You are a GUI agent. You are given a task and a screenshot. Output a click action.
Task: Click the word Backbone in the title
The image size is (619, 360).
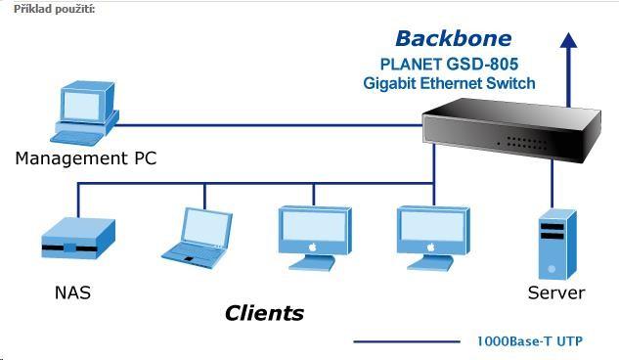click(x=453, y=39)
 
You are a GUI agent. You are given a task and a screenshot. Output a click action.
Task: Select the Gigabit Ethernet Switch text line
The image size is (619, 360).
click(x=449, y=83)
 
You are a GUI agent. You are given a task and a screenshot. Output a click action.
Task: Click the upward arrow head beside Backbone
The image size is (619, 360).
click(x=568, y=39)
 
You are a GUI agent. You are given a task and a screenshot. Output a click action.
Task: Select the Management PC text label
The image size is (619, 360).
click(x=85, y=157)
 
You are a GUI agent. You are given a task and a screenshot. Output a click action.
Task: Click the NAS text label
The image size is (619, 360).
click(x=73, y=292)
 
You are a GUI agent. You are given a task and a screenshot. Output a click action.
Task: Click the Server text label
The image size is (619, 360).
click(x=555, y=292)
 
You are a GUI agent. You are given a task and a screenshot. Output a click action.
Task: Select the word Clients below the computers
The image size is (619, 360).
click(x=264, y=314)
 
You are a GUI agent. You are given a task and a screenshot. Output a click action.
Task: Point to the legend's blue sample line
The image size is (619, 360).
click(x=405, y=341)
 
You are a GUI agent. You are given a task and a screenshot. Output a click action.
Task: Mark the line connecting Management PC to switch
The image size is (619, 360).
click(x=274, y=125)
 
